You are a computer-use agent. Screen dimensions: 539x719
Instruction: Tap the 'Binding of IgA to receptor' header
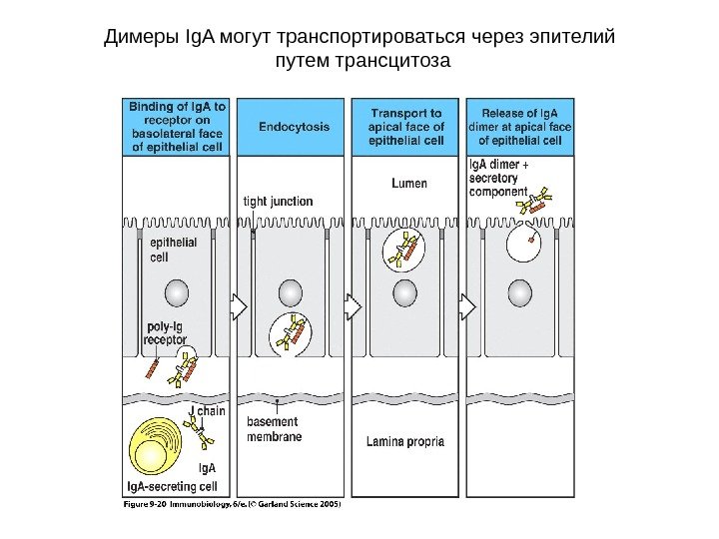pos(176,125)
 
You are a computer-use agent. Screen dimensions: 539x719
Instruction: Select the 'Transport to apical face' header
pos(406,127)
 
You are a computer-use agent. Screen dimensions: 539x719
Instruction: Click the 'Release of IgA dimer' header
pos(519,126)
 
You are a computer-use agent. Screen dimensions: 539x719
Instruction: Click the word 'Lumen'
pos(409,184)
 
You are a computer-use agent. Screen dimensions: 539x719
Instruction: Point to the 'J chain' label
pos(207,411)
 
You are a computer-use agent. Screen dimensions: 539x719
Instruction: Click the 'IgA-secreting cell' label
pos(172,487)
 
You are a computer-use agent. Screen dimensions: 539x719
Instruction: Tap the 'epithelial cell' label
pos(173,250)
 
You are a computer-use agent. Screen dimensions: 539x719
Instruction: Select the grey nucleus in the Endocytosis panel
pos(291,291)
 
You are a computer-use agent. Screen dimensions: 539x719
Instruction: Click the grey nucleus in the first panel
pos(176,291)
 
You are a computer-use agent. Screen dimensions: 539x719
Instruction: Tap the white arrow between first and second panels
pos(239,306)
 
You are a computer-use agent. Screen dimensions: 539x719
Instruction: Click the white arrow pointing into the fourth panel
pos(467,306)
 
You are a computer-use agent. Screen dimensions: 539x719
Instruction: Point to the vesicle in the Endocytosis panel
pos(291,333)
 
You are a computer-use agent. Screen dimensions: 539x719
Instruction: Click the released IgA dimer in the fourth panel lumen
pos(534,202)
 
